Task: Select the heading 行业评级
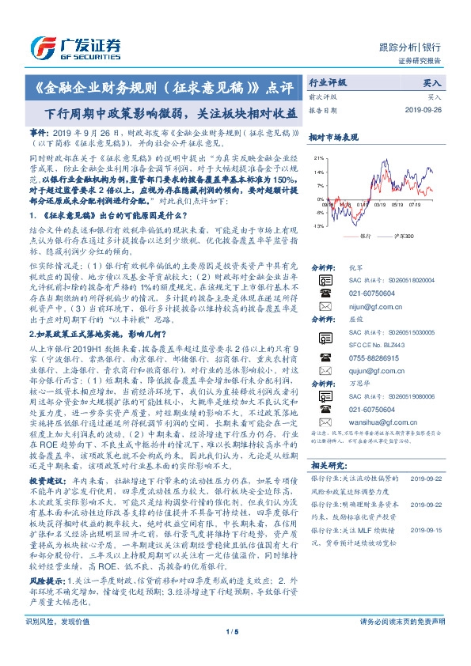coord(327,81)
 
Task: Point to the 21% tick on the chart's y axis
coord(319,158)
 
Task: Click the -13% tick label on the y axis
coord(318,227)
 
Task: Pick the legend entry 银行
coord(365,236)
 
